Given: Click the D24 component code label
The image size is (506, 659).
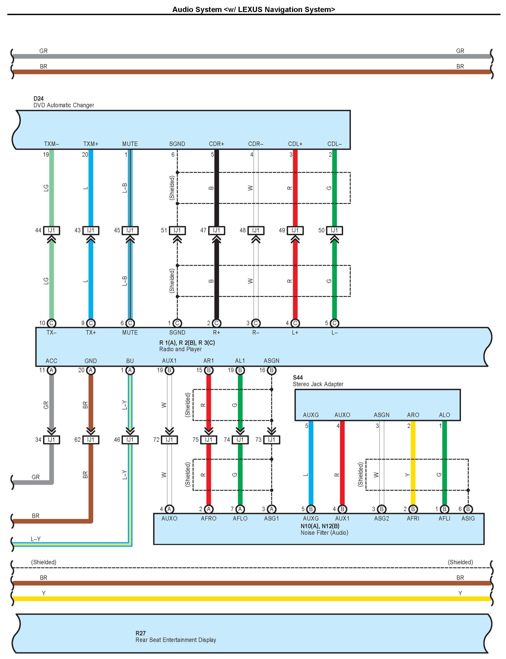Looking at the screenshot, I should click(x=38, y=99).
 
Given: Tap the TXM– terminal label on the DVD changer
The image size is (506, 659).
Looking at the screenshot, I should click(x=51, y=144).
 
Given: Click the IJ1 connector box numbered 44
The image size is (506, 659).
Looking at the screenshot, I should click(x=51, y=230).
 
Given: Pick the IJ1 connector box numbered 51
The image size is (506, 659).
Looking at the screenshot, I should click(x=177, y=230).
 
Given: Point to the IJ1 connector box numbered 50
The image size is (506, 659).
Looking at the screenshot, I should click(x=334, y=230).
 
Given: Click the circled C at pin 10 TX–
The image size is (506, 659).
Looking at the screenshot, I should click(x=51, y=323).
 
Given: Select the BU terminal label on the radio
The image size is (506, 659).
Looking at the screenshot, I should click(x=130, y=361).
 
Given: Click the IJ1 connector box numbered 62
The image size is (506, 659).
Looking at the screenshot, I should click(x=91, y=440).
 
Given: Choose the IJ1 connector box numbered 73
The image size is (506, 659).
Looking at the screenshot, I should click(x=271, y=440).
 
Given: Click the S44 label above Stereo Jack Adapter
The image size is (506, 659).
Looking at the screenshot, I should click(x=298, y=377).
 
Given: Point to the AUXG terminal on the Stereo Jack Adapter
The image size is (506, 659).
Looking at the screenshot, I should click(x=311, y=415).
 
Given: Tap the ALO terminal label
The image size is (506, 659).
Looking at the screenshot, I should click(x=444, y=415).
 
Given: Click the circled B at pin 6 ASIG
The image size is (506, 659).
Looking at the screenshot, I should click(x=468, y=509).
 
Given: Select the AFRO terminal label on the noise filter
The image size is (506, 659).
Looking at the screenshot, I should click(x=208, y=518).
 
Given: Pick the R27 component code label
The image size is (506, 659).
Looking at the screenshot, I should click(x=140, y=633).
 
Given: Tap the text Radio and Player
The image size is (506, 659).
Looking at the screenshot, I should click(x=180, y=349).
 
